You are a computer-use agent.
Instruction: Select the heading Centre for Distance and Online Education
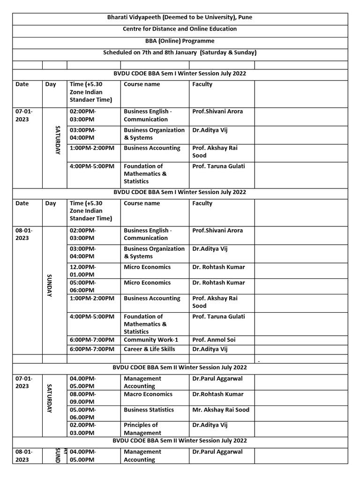click(x=180, y=29)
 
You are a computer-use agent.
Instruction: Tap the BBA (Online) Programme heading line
click(x=180, y=41)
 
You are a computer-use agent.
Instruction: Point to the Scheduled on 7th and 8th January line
click(x=180, y=52)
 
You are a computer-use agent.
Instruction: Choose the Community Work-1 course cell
click(x=150, y=339)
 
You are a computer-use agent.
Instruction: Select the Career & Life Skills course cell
click(x=149, y=349)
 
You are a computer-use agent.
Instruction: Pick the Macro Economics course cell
click(x=148, y=394)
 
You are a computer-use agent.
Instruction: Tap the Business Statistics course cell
click(x=149, y=410)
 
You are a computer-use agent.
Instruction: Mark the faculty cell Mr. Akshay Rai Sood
click(x=221, y=410)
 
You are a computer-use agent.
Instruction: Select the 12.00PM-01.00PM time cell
click(x=82, y=270)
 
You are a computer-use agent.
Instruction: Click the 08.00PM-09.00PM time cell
click(x=82, y=398)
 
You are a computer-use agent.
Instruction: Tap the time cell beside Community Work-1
click(x=92, y=339)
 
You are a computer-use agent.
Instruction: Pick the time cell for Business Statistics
click(x=82, y=413)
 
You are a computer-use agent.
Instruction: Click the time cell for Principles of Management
click(x=82, y=429)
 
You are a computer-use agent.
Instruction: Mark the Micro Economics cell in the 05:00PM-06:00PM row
click(x=147, y=283)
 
